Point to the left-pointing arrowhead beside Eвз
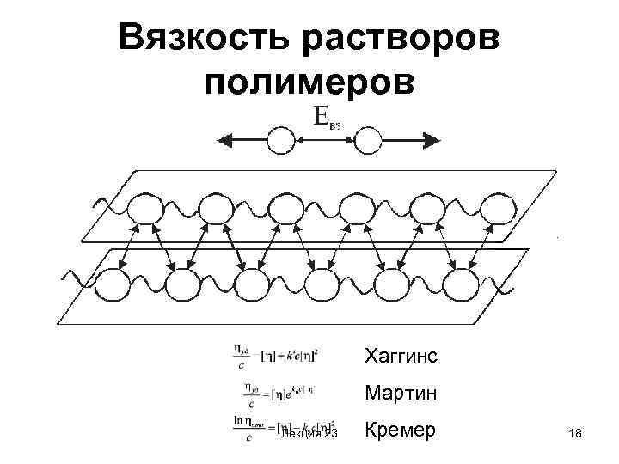(x=223, y=140)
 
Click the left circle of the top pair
(x=281, y=140)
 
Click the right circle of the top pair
(x=368, y=140)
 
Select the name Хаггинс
(x=401, y=354)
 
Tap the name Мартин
(x=400, y=393)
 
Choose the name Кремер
(x=401, y=429)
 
